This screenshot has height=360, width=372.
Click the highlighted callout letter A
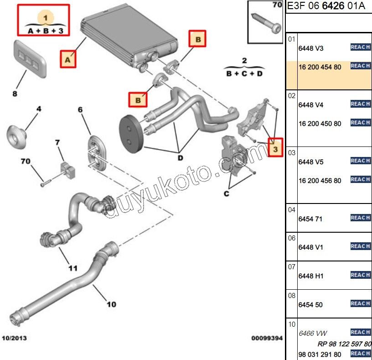point(67,59)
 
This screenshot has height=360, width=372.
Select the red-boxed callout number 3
point(275,148)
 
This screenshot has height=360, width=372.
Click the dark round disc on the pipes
point(131,134)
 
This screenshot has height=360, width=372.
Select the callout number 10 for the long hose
point(111,304)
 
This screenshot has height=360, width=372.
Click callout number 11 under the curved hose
point(72,268)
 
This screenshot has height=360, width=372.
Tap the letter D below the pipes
point(180,158)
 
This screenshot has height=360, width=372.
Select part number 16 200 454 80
point(320,67)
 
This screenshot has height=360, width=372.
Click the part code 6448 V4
point(310,105)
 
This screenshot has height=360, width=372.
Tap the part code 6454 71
point(310,219)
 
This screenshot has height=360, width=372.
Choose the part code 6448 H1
point(310,276)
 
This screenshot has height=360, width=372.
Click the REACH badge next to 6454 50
point(360,303)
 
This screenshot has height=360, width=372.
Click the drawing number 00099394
point(267,339)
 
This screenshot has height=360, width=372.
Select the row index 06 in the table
point(292,238)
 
